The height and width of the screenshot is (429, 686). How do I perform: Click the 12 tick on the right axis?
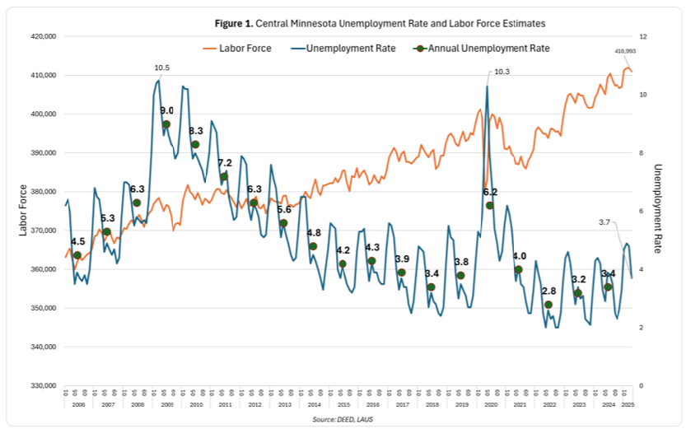(644, 37)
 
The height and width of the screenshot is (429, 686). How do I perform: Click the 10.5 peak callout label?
(162, 68)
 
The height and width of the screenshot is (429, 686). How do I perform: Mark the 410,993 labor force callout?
(626, 51)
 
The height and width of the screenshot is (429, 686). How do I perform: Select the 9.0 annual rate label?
(166, 110)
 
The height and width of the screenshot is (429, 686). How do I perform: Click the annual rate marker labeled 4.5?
(77, 255)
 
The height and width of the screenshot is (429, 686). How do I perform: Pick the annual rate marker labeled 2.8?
(548, 305)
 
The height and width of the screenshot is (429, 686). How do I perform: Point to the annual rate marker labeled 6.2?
(489, 205)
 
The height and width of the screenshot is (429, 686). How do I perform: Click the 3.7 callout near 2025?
(604, 222)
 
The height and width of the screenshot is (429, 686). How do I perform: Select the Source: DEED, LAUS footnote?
(342, 420)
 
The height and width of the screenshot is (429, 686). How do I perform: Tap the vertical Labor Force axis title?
(23, 210)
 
